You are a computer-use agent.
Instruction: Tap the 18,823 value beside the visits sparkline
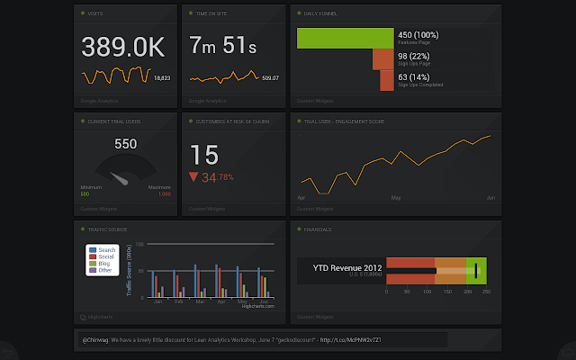click(x=162, y=78)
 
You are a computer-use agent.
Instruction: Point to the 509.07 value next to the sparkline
click(x=270, y=78)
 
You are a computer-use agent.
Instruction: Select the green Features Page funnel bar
click(x=345, y=38)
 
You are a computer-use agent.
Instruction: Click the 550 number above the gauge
click(x=125, y=144)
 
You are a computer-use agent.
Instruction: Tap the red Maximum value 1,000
click(x=165, y=194)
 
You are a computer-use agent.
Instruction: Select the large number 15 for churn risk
click(x=204, y=155)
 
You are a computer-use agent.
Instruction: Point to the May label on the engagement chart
click(x=395, y=196)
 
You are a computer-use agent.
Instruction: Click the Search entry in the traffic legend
click(x=105, y=249)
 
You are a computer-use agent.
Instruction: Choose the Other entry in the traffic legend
click(x=104, y=270)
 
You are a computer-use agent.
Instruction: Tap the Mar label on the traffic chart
click(x=199, y=302)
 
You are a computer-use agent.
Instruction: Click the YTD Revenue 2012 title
click(x=346, y=267)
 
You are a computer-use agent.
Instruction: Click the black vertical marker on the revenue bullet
click(x=476, y=269)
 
